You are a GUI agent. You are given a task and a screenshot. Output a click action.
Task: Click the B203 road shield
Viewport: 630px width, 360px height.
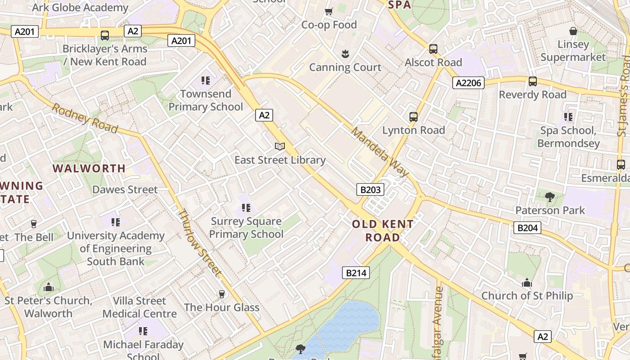pyautogui.click(x=370, y=189)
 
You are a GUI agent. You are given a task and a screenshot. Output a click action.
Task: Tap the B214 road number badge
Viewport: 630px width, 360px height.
pyautogui.click(x=355, y=272)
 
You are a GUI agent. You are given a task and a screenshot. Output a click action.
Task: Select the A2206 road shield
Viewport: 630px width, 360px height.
pyautogui.click(x=468, y=82)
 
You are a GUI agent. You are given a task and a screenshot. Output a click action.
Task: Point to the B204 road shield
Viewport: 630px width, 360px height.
pyautogui.click(x=527, y=228)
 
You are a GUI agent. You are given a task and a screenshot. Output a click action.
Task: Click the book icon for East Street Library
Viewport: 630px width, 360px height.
pyautogui.click(x=280, y=147)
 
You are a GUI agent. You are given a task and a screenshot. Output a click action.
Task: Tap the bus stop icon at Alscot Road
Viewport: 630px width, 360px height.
pyautogui.click(x=433, y=49)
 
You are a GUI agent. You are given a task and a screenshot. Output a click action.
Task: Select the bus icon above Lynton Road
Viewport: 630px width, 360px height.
pyautogui.click(x=413, y=117)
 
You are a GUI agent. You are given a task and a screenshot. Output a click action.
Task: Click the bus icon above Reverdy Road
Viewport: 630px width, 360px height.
pyautogui.click(x=532, y=81)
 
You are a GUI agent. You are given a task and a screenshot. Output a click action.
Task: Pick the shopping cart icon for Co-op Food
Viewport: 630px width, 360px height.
pyautogui.click(x=329, y=11)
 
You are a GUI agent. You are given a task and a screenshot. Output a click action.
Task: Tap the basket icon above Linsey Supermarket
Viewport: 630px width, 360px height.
pyautogui.click(x=573, y=31)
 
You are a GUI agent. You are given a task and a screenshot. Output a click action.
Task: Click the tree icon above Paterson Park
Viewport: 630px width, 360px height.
pyautogui.click(x=549, y=197)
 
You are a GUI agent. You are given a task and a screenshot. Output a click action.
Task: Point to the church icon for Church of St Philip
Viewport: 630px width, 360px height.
pyautogui.click(x=527, y=283)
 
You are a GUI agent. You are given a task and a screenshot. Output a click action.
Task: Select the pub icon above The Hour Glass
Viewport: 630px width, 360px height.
pyautogui.click(x=221, y=294)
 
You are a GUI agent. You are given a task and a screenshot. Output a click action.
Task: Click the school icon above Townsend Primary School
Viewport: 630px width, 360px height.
pyautogui.click(x=206, y=81)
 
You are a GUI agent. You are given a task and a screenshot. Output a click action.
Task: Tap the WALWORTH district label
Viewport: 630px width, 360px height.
pyautogui.click(x=89, y=168)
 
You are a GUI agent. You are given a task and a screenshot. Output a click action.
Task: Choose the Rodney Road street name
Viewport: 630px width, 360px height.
pyautogui.click(x=85, y=118)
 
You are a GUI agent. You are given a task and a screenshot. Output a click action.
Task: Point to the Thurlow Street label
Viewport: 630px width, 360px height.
pyautogui.click(x=199, y=242)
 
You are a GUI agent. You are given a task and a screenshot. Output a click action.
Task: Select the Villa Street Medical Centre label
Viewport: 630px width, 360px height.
pyautogui.click(x=139, y=307)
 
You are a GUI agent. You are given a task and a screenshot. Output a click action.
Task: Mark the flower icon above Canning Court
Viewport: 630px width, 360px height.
pyautogui.click(x=345, y=54)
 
